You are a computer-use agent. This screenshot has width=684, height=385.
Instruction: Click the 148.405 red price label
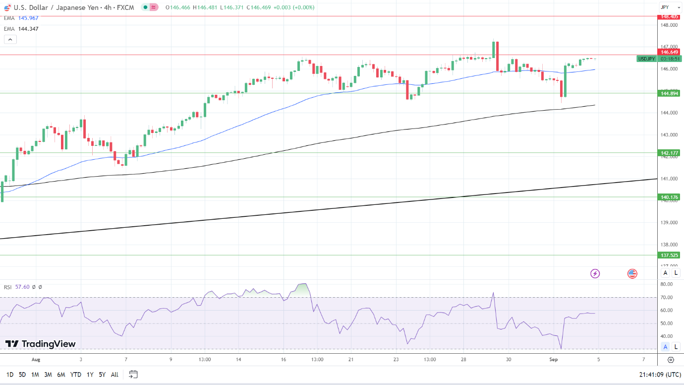[669, 16]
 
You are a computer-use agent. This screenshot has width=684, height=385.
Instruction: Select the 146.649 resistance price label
[669, 52]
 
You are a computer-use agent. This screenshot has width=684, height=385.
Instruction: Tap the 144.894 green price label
[669, 93]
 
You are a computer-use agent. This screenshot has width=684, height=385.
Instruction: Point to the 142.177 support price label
[669, 153]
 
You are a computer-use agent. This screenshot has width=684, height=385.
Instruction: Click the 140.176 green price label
[669, 197]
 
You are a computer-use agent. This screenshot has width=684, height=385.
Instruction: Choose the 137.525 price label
[669, 255]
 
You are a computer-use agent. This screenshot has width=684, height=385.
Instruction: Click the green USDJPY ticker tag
[646, 59]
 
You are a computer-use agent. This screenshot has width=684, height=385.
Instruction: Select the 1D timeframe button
[10, 375]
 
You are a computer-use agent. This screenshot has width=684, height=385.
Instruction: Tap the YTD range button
[76, 375]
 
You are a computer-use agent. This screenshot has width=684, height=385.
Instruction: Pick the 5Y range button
[102, 375]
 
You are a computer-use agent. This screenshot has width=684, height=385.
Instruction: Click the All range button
[114, 375]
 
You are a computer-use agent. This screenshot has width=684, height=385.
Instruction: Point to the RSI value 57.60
[22, 287]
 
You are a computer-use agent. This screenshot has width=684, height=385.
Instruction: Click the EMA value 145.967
[28, 18]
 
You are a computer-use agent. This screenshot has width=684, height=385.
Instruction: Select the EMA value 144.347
[28, 29]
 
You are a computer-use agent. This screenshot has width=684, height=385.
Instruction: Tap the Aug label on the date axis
[36, 359]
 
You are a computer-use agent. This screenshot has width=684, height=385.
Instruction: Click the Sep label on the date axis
[554, 359]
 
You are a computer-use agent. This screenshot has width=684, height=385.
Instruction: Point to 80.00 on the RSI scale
[666, 284]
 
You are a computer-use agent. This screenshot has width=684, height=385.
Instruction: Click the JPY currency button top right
[665, 7]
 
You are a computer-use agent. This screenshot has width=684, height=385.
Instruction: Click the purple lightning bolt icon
[595, 273]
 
